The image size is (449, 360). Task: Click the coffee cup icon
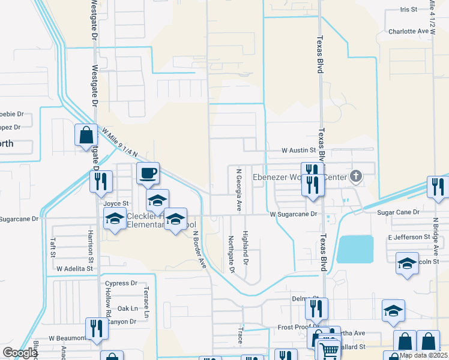148,173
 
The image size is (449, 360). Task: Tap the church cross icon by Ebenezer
356,176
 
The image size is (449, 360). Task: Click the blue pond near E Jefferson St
355,249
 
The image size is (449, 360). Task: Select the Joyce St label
116,203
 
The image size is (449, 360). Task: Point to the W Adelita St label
75,269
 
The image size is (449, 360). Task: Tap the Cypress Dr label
121,283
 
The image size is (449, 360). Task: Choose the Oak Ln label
128,308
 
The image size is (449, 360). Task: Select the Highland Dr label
246,248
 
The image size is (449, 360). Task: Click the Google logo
20,353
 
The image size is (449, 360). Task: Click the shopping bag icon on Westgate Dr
86,135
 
